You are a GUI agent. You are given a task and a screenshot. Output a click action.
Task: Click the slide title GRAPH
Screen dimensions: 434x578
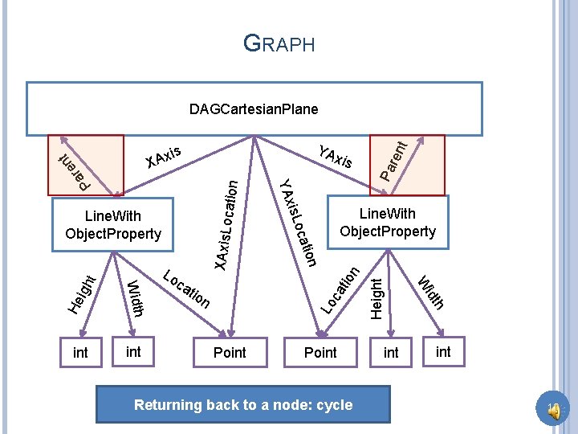pos(279,43)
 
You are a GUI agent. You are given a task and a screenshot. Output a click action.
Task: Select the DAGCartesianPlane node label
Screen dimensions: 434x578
pos(254,108)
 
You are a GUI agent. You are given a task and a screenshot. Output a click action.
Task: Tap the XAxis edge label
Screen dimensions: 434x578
pos(165,158)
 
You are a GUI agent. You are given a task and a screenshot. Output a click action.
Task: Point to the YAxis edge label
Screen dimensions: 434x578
pos(336,157)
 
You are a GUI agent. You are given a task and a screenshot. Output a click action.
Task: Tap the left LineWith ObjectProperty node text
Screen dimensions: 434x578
pos(113,225)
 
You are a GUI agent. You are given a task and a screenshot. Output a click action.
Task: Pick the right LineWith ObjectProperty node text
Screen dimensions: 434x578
pos(387,223)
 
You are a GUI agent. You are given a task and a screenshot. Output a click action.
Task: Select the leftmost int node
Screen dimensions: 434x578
pos(80,352)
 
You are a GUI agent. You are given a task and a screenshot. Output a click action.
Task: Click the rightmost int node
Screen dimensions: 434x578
pos(442,351)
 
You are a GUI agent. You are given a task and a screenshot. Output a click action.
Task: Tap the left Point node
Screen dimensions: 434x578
pos(230,352)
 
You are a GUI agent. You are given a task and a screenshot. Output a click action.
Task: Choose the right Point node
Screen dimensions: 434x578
pos(320,352)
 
